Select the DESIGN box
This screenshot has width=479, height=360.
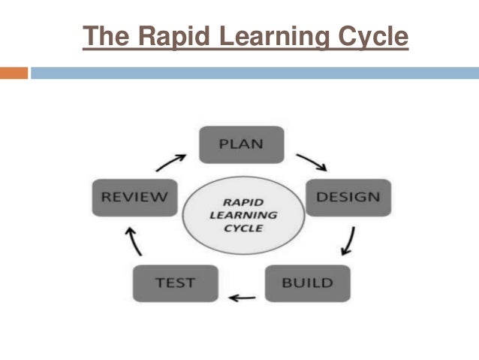348,198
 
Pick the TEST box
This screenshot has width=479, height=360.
175,283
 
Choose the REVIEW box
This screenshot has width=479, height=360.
134,198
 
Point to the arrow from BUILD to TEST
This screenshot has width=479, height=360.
243,298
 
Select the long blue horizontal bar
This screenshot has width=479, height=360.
255,73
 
